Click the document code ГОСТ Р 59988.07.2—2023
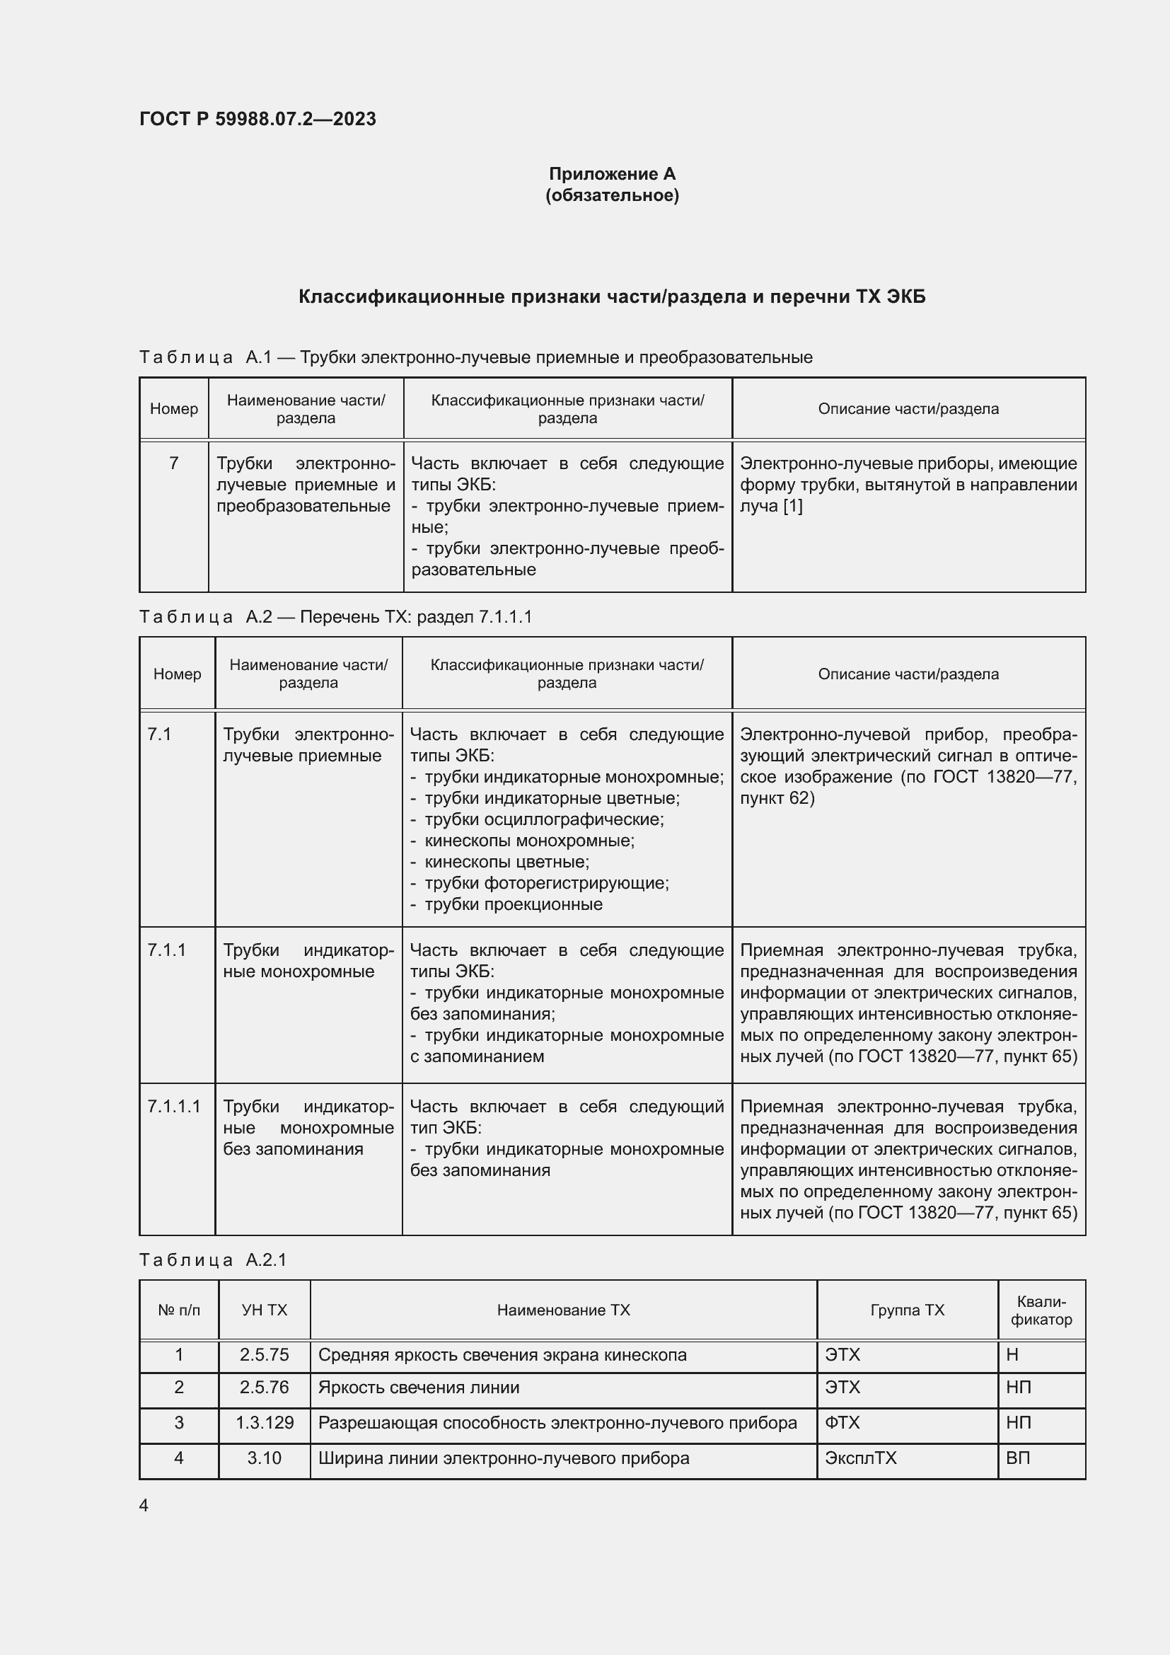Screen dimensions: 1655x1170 [x=257, y=119]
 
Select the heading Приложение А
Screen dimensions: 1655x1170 [x=612, y=174]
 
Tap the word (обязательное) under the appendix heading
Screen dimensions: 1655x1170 [x=612, y=195]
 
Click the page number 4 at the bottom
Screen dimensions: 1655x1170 [x=144, y=1506]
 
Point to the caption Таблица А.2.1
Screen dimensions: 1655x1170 [x=213, y=1259]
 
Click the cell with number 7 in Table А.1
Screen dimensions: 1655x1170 [x=173, y=463]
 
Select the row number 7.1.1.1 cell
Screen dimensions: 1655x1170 [x=173, y=1107]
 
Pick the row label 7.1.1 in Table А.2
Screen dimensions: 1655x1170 [x=166, y=950]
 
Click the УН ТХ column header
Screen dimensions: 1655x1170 [x=265, y=1310]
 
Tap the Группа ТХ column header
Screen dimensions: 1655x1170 [x=907, y=1310]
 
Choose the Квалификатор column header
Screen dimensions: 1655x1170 [x=1041, y=1310]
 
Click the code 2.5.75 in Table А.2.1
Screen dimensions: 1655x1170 [x=265, y=1355]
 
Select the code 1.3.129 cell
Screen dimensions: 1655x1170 [x=265, y=1423]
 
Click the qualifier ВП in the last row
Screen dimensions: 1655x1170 [x=1017, y=1458]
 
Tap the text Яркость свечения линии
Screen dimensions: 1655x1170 [x=419, y=1388]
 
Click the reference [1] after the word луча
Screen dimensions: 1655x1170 [x=792, y=506]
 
